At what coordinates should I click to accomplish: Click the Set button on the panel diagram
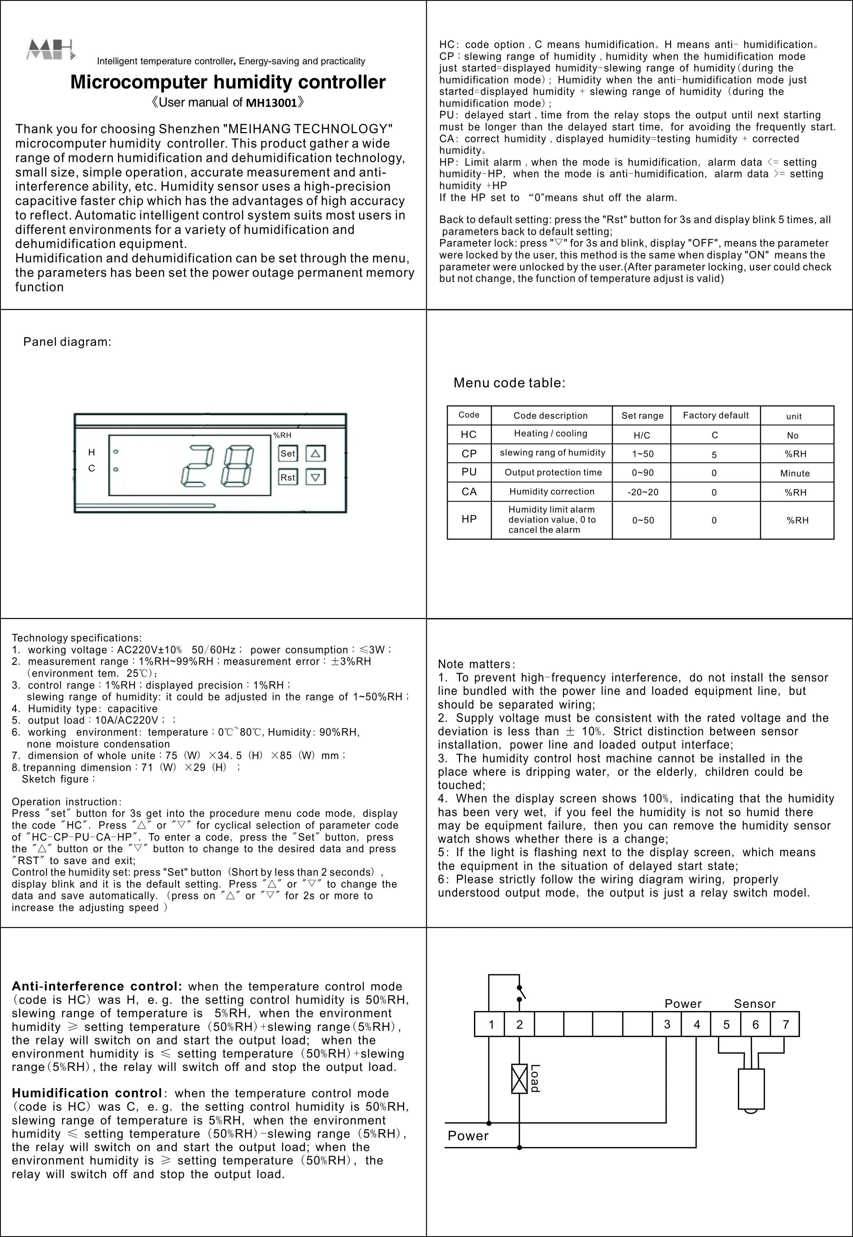pyautogui.click(x=288, y=453)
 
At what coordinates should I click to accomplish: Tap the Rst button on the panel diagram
pyautogui.click(x=288, y=477)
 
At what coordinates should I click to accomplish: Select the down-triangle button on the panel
pyautogui.click(x=315, y=477)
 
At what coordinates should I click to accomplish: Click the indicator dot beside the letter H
pyautogui.click(x=116, y=452)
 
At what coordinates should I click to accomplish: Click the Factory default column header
pyautogui.click(x=716, y=415)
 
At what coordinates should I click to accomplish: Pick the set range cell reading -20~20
pyautogui.click(x=642, y=492)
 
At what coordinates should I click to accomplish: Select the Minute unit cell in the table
pyautogui.click(x=795, y=473)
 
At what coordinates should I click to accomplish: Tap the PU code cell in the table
pyautogui.click(x=469, y=472)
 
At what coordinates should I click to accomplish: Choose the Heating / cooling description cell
pyautogui.click(x=551, y=434)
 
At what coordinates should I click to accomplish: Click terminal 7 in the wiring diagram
pyautogui.click(x=785, y=1025)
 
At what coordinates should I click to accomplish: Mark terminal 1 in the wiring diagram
pyautogui.click(x=491, y=1025)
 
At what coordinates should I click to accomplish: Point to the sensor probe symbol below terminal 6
pyautogui.click(x=751, y=1090)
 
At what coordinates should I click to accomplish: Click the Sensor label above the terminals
pyautogui.click(x=754, y=1003)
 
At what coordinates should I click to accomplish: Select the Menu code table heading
pyautogui.click(x=509, y=383)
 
